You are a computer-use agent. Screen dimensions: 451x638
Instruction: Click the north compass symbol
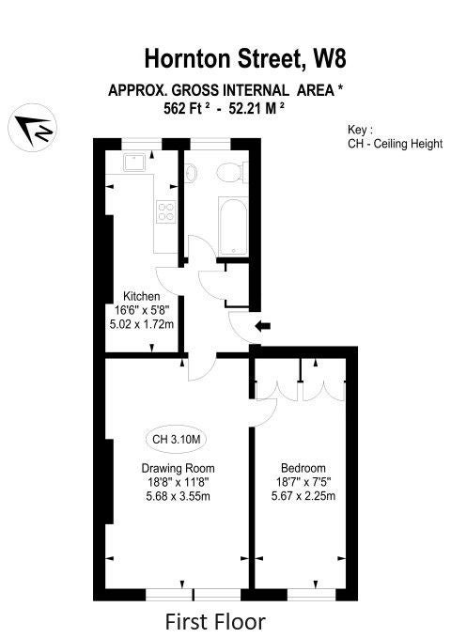coord(33,128)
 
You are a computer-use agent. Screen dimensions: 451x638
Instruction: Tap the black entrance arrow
coord(262,325)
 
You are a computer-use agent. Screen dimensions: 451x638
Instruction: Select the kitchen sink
coord(135,163)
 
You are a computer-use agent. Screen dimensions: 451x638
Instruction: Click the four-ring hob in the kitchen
coord(166,212)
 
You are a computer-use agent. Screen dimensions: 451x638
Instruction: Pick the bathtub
coord(233,226)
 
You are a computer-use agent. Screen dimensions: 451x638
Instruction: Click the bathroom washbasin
coord(191,172)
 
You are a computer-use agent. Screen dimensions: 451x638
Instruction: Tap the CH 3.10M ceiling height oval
coord(176,440)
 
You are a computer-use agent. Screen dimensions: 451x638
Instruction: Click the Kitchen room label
coord(142,296)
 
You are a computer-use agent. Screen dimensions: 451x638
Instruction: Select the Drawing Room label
coord(178,468)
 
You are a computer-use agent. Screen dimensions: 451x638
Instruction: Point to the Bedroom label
coord(303,468)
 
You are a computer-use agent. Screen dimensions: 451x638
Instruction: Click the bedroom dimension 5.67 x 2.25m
coord(303,496)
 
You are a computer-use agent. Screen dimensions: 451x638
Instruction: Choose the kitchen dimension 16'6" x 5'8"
coord(142,310)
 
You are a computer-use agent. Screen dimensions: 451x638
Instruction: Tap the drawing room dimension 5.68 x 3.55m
coord(178,496)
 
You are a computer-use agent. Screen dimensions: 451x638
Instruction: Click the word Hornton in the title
coord(188,58)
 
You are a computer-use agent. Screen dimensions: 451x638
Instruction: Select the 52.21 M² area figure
coord(257,108)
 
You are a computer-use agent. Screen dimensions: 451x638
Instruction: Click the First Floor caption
coord(215,622)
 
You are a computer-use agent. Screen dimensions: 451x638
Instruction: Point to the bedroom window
coord(311,595)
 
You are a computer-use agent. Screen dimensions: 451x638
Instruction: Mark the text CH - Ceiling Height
coord(395,144)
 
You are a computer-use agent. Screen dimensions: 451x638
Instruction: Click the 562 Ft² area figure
coord(187,108)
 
